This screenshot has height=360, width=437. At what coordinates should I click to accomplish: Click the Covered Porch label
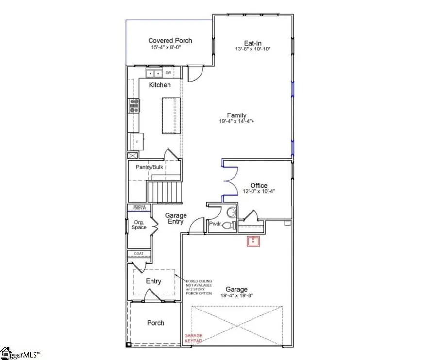click(170, 41)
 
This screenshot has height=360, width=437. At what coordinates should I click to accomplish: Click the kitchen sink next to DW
click(155, 73)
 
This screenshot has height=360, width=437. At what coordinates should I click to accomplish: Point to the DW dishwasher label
click(168, 73)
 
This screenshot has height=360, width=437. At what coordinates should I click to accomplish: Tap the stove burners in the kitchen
click(134, 105)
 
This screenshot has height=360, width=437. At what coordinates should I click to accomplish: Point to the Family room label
click(236, 115)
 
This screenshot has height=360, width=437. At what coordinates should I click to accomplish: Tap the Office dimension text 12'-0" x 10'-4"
click(259, 192)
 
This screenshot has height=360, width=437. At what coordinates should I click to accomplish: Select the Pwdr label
click(215, 224)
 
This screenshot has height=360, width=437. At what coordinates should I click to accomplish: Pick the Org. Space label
click(139, 225)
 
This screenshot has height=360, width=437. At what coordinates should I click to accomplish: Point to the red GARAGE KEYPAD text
click(193, 338)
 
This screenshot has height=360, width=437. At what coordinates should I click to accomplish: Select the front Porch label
click(155, 323)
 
